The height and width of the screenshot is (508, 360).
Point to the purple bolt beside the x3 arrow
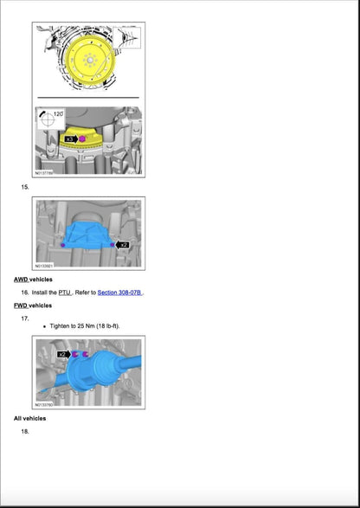pyautogui.click(x=83, y=138)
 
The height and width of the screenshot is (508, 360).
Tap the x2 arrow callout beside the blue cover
pyautogui.click(x=124, y=245)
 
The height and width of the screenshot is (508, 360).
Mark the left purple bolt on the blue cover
pyautogui.click(x=63, y=245)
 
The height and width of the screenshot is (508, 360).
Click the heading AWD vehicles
pyautogui.click(x=33, y=280)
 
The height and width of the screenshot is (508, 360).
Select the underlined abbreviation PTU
pyautogui.click(x=65, y=293)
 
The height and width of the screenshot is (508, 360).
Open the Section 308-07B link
pyautogui.click(x=119, y=293)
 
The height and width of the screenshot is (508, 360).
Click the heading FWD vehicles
pyautogui.click(x=33, y=305)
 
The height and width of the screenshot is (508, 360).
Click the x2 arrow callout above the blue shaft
pyautogui.click(x=63, y=355)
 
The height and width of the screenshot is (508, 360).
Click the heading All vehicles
pyautogui.click(x=29, y=418)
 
